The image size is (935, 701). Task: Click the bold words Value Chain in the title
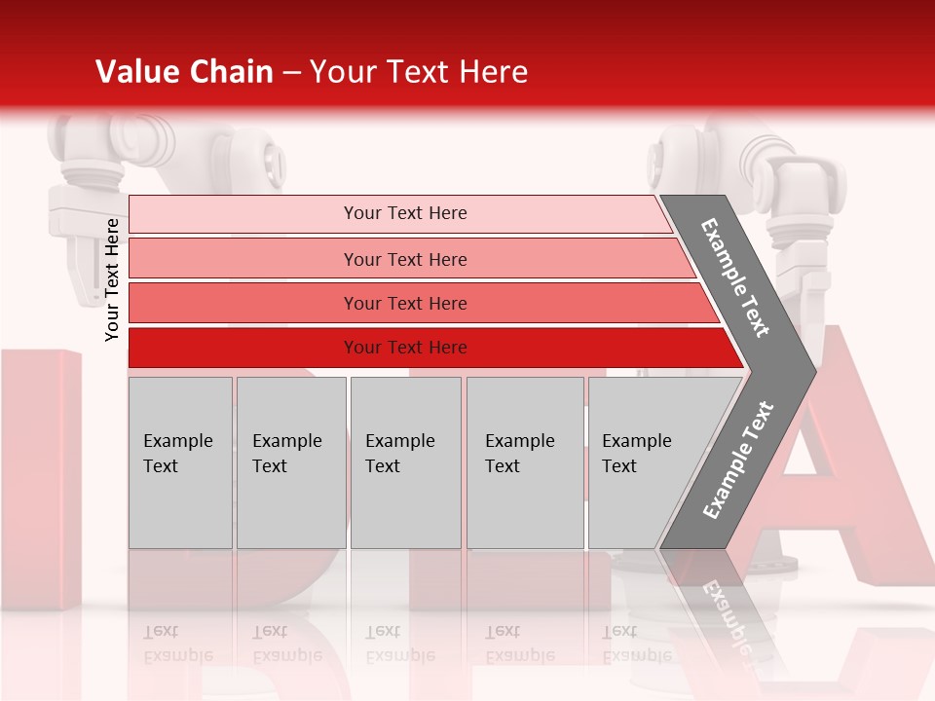pyautogui.click(x=184, y=72)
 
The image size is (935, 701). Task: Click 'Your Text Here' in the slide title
pyautogui.click(x=419, y=72)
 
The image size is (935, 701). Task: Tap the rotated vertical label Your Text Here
pyautogui.click(x=112, y=279)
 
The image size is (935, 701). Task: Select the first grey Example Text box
pyautogui.click(x=180, y=462)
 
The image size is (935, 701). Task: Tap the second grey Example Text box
pyautogui.click(x=290, y=462)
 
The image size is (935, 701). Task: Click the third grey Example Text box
pyautogui.click(x=405, y=462)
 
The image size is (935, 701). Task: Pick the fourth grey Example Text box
pyautogui.click(x=524, y=462)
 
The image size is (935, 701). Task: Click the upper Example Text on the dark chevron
pyautogui.click(x=735, y=277)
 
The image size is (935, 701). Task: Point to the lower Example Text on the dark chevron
pyautogui.click(x=737, y=461)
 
